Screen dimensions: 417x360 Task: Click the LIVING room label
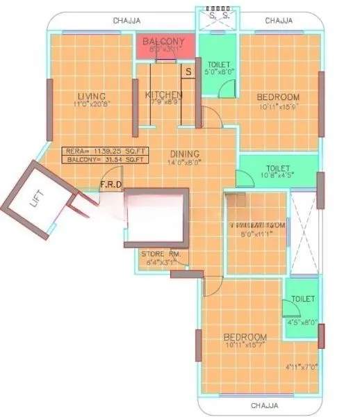pos(91,96)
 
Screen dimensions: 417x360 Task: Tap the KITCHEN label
pos(164,95)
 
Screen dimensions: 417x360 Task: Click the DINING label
pos(184,154)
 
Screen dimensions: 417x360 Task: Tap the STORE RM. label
pos(161,254)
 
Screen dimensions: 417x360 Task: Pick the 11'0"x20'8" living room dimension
pos(91,104)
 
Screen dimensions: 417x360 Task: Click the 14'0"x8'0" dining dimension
pos(184,162)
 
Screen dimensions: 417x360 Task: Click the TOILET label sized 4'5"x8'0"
pos(302,298)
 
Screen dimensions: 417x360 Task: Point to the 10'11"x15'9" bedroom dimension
pos(277,106)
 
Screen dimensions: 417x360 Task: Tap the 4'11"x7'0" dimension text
pos(301,366)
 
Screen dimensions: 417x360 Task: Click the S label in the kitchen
pos(188,71)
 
